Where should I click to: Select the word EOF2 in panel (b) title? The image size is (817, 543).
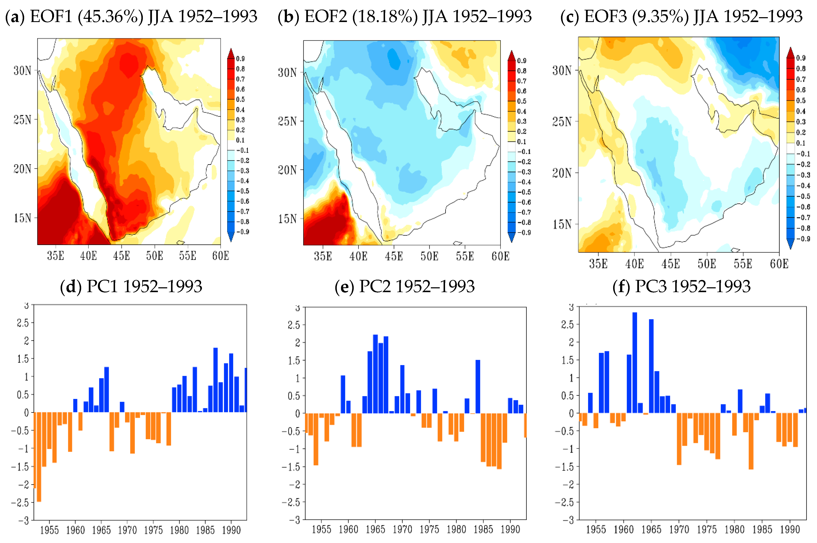pos(326,16)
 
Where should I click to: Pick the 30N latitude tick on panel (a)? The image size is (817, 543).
pos(22,71)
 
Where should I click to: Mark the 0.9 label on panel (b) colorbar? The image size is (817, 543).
pos(522,61)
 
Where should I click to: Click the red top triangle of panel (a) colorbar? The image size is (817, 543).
pos(231,53)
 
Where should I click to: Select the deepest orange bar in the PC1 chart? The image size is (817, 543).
pos(39,457)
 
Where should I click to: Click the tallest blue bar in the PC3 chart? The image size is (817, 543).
pos(635,362)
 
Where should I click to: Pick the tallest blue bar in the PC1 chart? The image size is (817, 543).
pos(215,380)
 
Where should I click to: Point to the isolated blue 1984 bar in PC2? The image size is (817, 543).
pos(478,386)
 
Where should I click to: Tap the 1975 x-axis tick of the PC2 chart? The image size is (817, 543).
pos(429,529)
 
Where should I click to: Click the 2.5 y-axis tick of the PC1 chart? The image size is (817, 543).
pos(23,323)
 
